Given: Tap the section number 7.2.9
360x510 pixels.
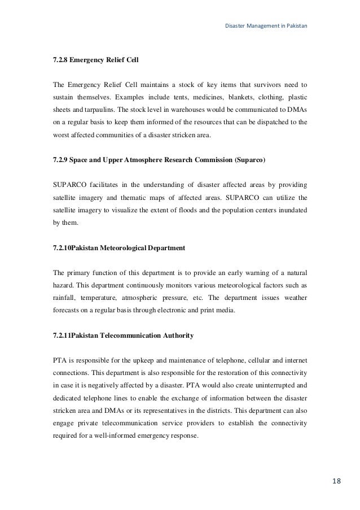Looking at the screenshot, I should [x=62, y=161].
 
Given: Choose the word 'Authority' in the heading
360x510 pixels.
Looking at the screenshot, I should [x=177, y=335].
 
